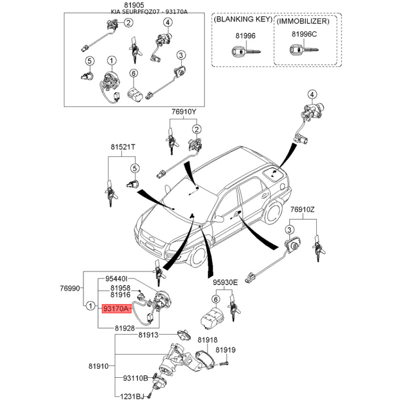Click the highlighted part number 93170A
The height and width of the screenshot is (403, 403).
click(x=116, y=308)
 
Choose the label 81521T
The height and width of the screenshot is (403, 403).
click(x=123, y=147)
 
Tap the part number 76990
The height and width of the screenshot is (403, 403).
click(x=70, y=288)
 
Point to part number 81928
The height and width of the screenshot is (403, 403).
click(x=125, y=327)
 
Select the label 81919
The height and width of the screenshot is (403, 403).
click(x=226, y=350)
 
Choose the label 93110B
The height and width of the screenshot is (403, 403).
click(x=135, y=378)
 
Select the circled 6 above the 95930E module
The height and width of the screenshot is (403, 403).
click(x=216, y=299)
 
